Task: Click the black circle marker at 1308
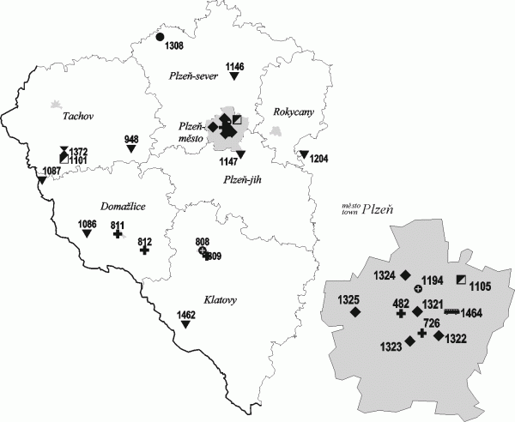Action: point(161,37)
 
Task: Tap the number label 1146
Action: point(235,66)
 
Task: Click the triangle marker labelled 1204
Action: point(304,154)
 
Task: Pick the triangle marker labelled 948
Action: point(131,149)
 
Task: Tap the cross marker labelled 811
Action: point(118,232)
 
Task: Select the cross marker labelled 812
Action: point(144,250)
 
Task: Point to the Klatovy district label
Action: point(221,300)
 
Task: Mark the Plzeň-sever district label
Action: point(195,76)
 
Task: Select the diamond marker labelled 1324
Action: point(405,275)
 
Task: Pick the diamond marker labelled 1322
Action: point(439,336)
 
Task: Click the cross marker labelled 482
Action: point(401,313)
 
